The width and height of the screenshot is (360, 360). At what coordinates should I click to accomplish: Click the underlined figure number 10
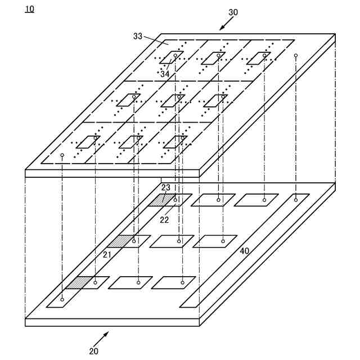(x=29, y=9)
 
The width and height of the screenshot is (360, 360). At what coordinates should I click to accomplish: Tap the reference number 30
(x=233, y=12)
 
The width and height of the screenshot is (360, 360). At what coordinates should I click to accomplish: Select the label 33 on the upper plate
(x=138, y=36)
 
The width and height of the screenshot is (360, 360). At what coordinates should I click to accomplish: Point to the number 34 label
(x=165, y=74)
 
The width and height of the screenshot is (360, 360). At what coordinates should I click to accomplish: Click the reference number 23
(x=165, y=188)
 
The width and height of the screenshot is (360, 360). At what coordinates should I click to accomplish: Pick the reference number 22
(x=164, y=220)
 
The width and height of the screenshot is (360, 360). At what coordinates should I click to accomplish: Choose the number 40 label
(x=244, y=251)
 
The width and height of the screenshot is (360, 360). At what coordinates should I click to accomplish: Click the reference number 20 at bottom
(x=93, y=351)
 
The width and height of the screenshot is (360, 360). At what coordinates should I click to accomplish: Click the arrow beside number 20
(x=102, y=337)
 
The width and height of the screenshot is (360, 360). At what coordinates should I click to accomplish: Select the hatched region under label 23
(x=161, y=200)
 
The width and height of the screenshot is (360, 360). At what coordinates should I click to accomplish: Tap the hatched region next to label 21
(x=119, y=241)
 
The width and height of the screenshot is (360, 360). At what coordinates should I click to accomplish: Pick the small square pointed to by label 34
(x=170, y=57)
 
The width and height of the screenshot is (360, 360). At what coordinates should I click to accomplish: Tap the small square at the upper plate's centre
(x=174, y=100)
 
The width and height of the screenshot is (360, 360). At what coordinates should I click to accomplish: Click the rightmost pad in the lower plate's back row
(x=256, y=200)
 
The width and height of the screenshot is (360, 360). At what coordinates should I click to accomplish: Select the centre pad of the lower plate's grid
(x=172, y=241)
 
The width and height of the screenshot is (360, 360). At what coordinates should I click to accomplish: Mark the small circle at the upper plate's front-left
(x=62, y=155)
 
